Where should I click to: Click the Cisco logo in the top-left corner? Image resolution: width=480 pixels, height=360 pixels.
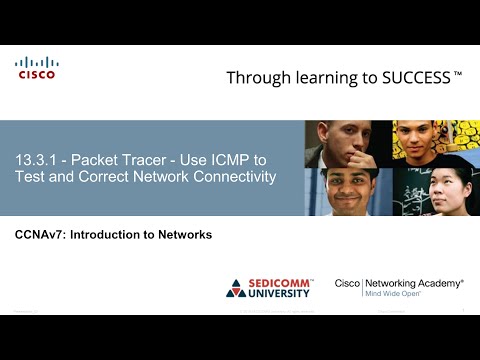36,68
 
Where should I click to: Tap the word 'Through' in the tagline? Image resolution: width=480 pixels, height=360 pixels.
258,78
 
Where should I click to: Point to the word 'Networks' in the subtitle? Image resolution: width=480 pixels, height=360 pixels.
186,235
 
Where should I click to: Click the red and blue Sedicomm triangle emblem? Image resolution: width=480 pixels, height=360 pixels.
237,288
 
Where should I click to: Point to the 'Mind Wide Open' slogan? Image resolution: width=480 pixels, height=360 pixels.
392,295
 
